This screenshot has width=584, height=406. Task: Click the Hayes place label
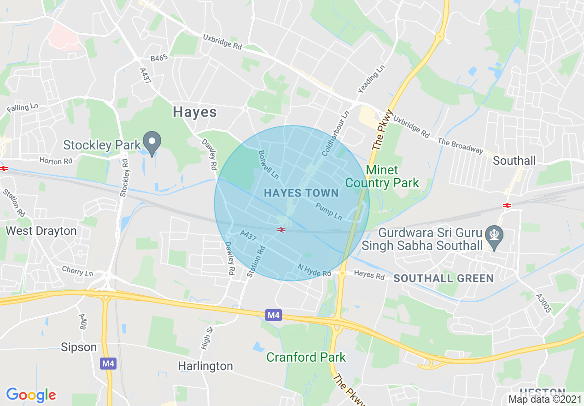195,112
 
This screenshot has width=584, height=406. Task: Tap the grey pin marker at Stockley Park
152,142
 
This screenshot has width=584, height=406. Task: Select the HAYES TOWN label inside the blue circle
301,193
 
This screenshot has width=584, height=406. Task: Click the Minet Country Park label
382,177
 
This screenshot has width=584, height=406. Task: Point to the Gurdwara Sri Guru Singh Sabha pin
494,236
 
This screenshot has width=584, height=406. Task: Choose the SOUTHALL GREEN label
444,278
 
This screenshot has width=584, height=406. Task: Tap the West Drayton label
41,231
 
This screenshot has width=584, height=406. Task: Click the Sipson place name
79,347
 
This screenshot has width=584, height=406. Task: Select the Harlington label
205,366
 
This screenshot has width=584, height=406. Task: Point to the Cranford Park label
306,357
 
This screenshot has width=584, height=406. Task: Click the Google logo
31,395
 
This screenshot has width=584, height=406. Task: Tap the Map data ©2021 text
545,399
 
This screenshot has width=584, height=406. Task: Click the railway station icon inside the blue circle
280,229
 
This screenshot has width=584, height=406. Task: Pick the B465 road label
159,58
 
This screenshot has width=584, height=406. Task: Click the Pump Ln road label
329,211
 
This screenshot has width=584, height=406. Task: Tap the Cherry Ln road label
78,271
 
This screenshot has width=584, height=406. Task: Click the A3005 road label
543,303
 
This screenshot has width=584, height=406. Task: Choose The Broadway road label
460,146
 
